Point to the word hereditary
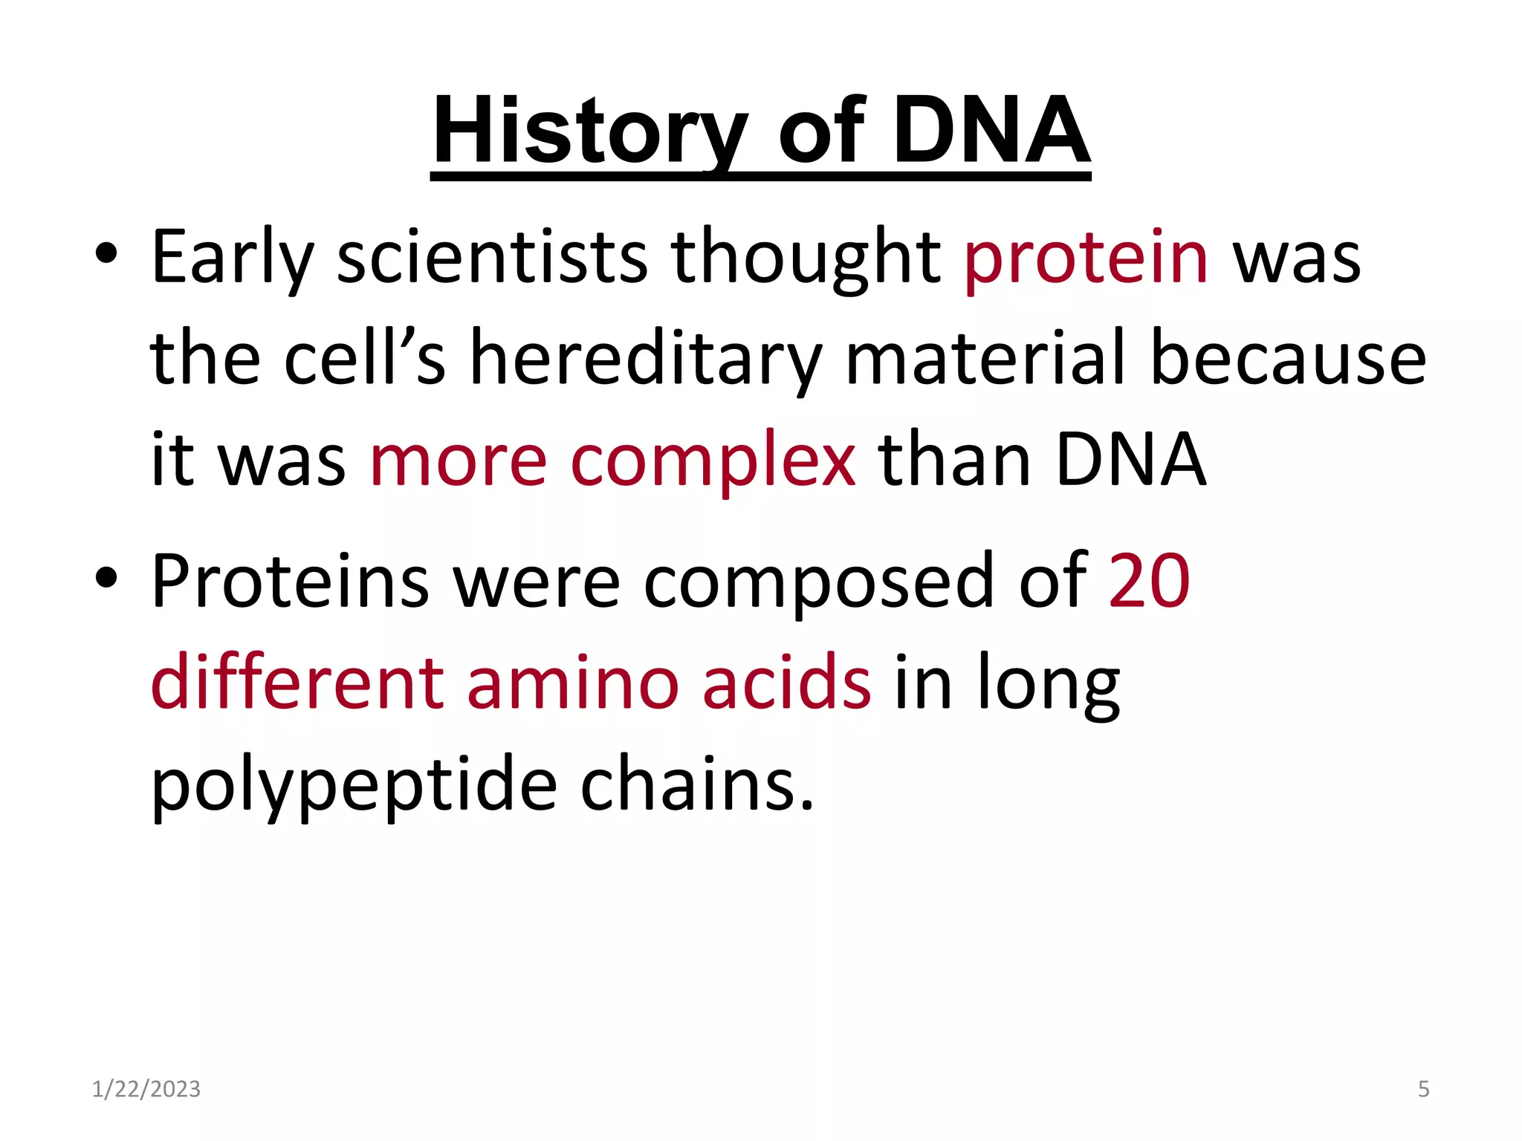coord(646,360)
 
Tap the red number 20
coord(1149,581)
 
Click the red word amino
coord(572,683)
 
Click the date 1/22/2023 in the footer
coord(146,1089)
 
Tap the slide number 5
coord(1423,1089)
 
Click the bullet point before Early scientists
coord(106,254)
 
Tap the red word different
coord(297,683)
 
